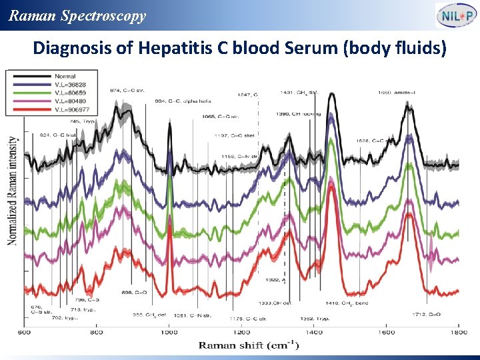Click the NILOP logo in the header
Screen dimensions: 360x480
click(456, 15)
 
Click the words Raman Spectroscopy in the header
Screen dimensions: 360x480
click(77, 16)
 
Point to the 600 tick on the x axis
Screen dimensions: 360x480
click(23, 332)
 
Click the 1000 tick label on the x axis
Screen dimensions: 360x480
click(169, 332)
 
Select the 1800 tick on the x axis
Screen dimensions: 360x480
click(457, 332)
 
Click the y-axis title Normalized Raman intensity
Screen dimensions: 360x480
click(13, 190)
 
